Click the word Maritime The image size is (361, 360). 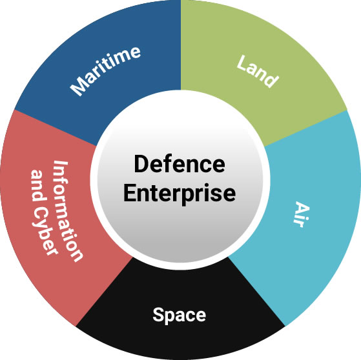click(x=105, y=71)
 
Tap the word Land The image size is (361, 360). click(x=258, y=72)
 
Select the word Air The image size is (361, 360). click(x=302, y=215)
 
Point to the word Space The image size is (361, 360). click(x=180, y=315)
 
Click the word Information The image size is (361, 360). click(x=68, y=211)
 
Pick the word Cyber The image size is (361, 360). click(x=46, y=230)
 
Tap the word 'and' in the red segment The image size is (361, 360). click(x=38, y=186)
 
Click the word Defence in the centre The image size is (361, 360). click(x=180, y=164)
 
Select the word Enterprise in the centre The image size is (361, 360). click(x=180, y=193)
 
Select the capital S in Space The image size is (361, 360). click(x=158, y=314)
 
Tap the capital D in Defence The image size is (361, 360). click(x=140, y=164)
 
